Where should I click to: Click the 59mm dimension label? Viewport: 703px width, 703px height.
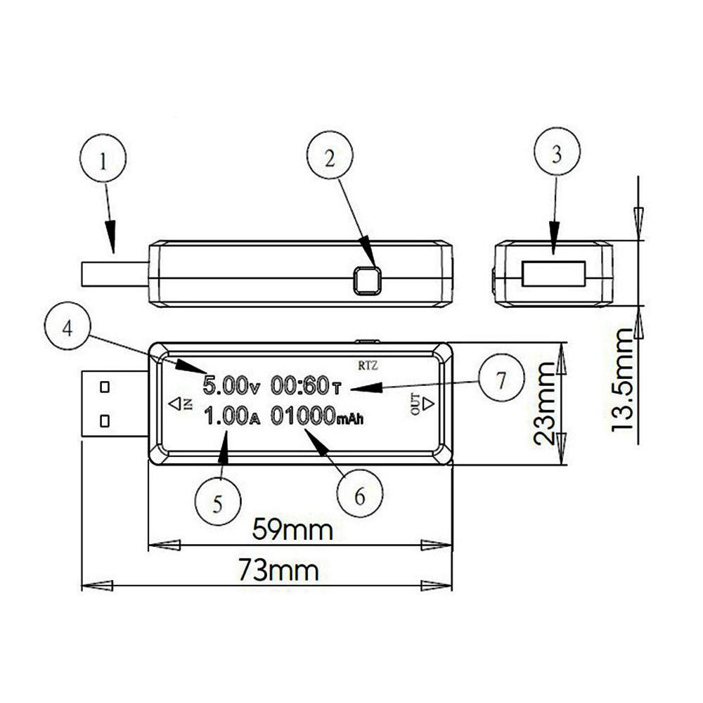292,529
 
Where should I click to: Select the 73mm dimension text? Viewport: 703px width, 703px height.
278,569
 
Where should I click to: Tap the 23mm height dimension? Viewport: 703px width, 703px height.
546,404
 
